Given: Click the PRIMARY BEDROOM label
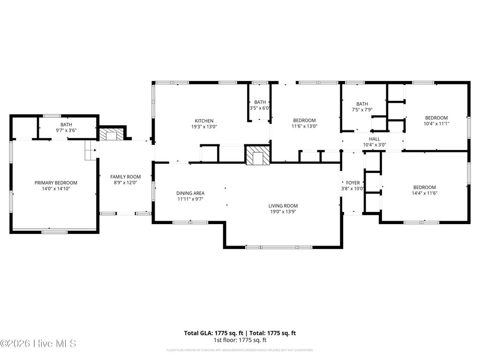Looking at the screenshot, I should [x=56, y=183].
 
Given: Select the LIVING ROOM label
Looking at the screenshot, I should [x=283, y=206].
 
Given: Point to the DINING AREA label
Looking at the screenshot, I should [x=190, y=193].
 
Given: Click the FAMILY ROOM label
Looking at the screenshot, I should [x=125, y=177].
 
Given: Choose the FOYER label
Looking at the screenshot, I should [x=352, y=183].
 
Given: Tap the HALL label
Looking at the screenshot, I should [x=374, y=139].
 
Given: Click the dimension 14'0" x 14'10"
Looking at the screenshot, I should [x=56, y=189].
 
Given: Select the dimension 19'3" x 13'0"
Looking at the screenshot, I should [x=204, y=127].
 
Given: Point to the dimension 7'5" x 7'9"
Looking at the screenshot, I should [x=362, y=110].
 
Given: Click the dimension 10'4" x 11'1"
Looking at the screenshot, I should [x=436, y=124].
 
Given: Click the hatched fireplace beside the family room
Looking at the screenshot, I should [x=111, y=135].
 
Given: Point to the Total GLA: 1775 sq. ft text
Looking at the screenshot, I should [x=212, y=333].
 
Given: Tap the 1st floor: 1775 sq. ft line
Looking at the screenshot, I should [x=240, y=340].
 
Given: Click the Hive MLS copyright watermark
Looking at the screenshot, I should [x=38, y=344].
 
